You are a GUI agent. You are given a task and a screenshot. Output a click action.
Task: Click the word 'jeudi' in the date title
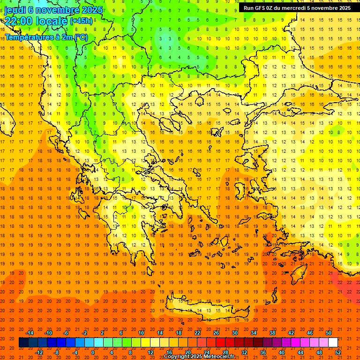tap(15, 9)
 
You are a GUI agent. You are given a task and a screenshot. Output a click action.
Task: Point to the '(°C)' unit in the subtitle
tap(81, 37)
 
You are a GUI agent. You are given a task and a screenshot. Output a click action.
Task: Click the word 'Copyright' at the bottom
tap(176, 357)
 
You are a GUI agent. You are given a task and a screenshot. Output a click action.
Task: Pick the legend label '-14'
tap(30, 333)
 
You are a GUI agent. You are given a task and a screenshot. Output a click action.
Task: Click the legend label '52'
tap(338, 352)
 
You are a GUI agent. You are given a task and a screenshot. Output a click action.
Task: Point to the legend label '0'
tap(93, 352)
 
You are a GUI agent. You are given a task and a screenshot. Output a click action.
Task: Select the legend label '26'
tap(216, 333)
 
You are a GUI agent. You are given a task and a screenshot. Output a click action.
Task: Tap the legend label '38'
tap(272, 333)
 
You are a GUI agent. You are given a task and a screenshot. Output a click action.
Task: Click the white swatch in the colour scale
tap(333, 343)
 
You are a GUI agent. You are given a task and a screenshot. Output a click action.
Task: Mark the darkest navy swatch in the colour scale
tap(23, 343)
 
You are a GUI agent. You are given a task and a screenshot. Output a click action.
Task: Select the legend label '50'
tap(329, 333)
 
